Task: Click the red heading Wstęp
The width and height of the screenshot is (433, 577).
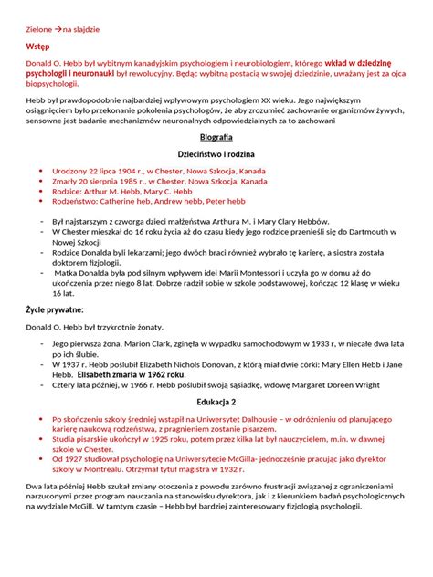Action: coord(38,43)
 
